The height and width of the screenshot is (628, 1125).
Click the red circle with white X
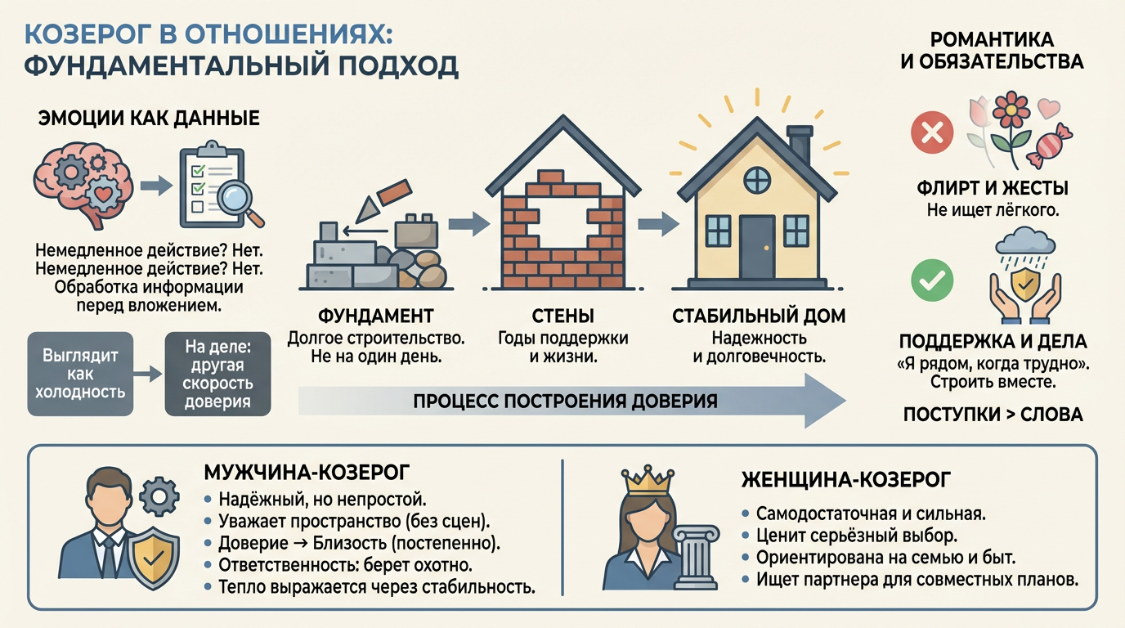(932, 132)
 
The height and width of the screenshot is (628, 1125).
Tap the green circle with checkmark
(932, 280)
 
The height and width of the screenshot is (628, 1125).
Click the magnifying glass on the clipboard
(239, 204)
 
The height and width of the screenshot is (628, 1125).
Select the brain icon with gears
(83, 185)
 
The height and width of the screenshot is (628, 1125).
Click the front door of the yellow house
(757, 247)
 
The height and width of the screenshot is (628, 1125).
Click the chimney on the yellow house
(799, 144)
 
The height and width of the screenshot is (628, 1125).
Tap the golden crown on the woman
(648, 480)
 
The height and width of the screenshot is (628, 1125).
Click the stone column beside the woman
(696, 557)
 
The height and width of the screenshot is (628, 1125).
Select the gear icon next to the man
(159, 496)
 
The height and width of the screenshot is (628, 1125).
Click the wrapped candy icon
(1049, 146)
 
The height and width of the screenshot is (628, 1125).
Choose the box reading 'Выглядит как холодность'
(80, 374)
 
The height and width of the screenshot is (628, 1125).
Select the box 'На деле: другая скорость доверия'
(217, 374)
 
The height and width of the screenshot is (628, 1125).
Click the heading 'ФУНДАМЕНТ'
(375, 316)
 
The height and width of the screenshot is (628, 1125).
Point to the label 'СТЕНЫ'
(562, 316)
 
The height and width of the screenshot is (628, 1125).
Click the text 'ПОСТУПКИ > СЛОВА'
(993, 415)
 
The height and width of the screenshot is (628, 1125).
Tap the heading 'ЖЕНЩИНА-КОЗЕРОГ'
(845, 480)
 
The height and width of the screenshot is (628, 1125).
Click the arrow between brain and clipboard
(156, 186)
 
